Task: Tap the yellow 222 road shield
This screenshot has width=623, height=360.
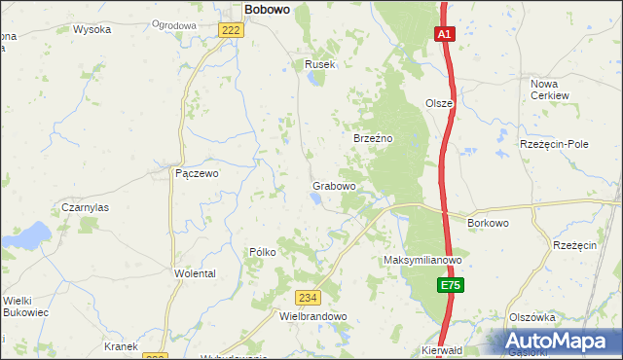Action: point(231,31)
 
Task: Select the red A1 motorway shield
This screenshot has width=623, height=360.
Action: point(444,34)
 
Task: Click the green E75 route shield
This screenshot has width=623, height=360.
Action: point(449,285)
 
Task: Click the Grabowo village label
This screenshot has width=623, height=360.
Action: point(333,185)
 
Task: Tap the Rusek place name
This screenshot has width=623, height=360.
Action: point(319,64)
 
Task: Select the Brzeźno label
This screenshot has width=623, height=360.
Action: point(372,139)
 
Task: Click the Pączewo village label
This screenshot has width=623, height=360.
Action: point(197,173)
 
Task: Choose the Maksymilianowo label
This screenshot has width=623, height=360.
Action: point(421,261)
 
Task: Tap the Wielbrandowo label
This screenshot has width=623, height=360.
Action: point(312,316)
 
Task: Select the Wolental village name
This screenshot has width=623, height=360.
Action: point(195,274)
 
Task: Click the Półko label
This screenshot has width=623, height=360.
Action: point(263,251)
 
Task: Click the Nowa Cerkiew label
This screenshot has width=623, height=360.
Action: point(551,90)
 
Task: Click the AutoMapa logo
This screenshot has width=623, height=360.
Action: point(557,342)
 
